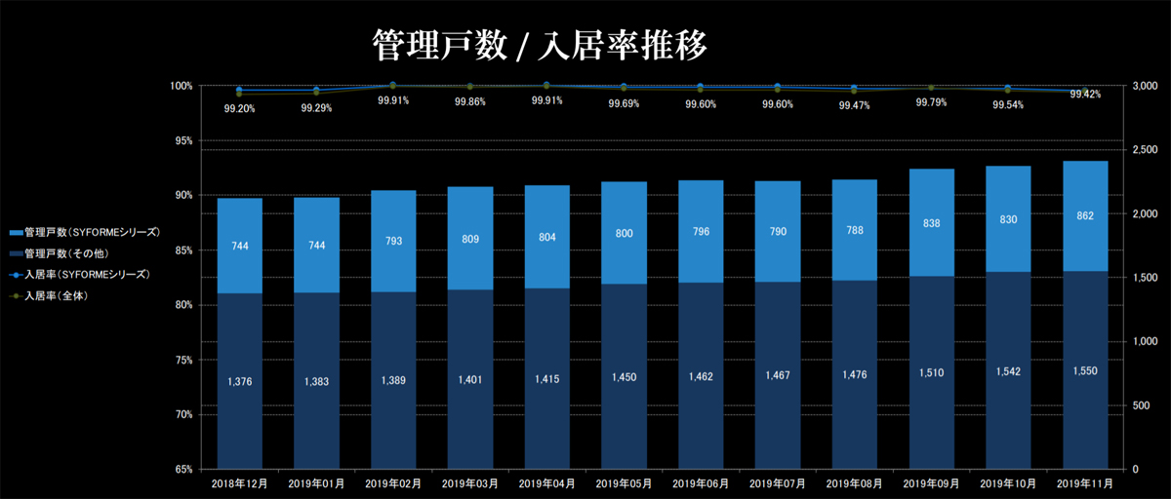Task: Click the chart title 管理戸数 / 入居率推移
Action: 539,45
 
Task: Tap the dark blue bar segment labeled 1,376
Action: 239,380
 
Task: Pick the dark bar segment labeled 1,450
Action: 625,376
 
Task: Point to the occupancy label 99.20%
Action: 239,109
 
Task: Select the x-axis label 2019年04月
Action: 547,483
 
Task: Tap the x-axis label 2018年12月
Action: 239,483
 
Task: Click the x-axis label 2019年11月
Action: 1084,483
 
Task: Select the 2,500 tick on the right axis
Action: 1145,150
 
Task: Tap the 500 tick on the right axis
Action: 1139,405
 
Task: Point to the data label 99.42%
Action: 1085,95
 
